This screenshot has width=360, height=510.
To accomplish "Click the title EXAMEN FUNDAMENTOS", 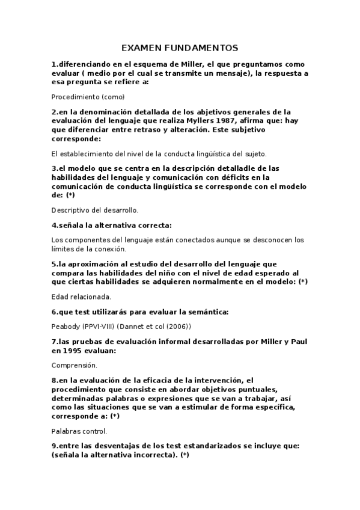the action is (x=180, y=48).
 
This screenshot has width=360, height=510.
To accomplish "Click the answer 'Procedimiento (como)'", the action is (x=88, y=96).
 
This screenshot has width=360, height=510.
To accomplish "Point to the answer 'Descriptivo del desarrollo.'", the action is (x=95, y=210).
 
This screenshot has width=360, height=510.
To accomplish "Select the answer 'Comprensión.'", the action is (x=75, y=365).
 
